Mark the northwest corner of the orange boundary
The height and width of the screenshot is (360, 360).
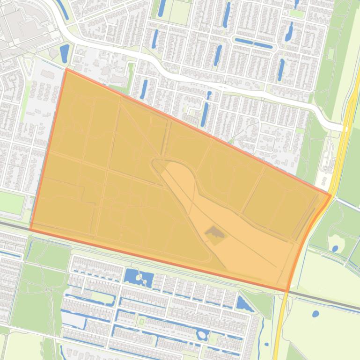(66, 70)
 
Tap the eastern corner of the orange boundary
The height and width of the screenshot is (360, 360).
(331, 195)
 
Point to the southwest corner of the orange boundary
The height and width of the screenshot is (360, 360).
(31, 230)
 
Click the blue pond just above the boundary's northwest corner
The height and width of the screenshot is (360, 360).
(64, 52)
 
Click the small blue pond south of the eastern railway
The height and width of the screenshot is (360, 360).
(316, 314)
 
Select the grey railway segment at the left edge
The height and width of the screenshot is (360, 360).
(12, 225)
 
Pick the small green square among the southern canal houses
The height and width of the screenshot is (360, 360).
(141, 322)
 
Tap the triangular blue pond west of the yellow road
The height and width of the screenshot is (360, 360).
(244, 304)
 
